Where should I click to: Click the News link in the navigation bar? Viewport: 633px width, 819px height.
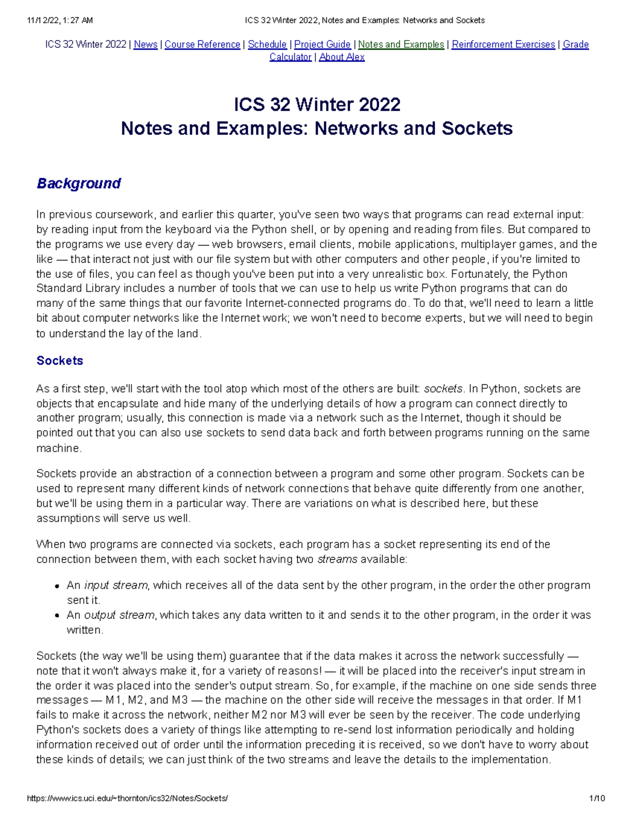point(146,45)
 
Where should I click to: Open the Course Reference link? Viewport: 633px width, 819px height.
point(203,45)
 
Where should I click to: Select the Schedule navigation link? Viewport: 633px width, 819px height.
point(267,45)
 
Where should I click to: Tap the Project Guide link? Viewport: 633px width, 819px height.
point(322,45)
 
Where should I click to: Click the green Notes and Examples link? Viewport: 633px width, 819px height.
point(401,45)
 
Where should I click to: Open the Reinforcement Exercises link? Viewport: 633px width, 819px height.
point(503,45)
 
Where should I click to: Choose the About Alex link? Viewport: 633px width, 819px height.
point(342,57)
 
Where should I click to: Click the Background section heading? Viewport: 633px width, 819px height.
point(79,184)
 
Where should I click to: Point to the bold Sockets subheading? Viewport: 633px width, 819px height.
point(60,361)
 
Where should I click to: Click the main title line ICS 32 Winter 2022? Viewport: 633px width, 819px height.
point(317,104)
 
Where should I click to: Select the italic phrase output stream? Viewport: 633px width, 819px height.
point(120,615)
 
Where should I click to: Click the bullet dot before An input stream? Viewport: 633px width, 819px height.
point(56,586)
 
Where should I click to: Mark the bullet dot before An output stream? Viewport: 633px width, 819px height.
point(56,615)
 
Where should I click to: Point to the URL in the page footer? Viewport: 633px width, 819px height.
point(128,798)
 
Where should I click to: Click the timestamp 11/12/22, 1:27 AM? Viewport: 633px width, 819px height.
point(60,21)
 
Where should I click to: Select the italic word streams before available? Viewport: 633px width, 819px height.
point(337,559)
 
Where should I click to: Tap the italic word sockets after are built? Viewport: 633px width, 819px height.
point(443,389)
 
